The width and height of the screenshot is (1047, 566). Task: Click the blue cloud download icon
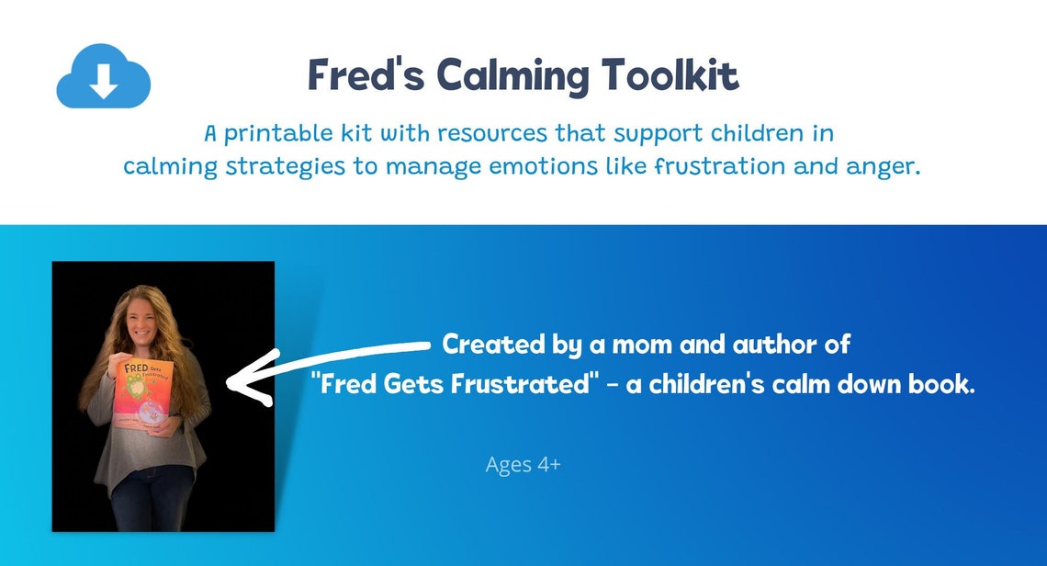(x=103, y=79)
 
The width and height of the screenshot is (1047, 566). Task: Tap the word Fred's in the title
(x=365, y=74)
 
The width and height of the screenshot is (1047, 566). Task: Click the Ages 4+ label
(x=523, y=465)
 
